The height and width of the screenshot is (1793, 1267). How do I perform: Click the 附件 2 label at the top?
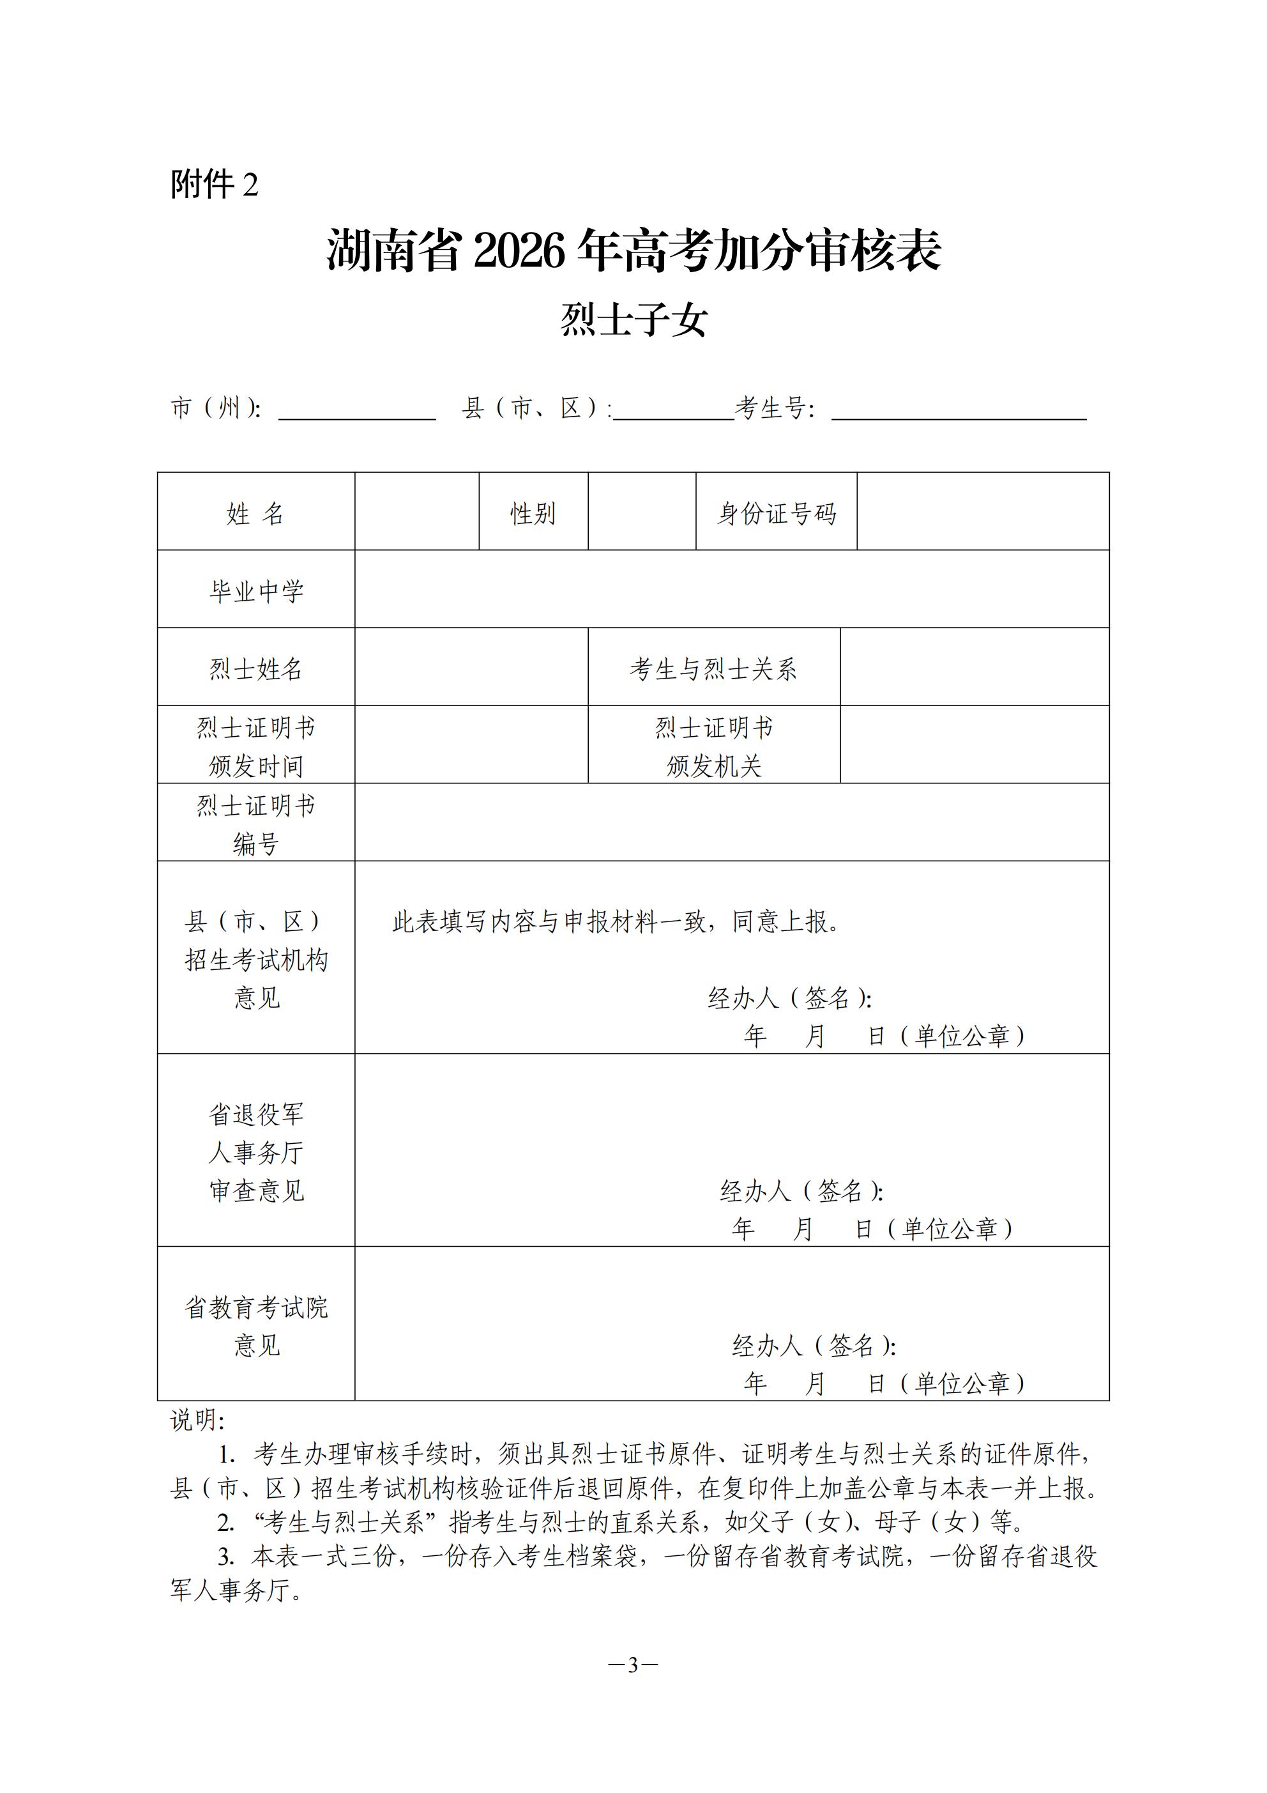click(x=214, y=185)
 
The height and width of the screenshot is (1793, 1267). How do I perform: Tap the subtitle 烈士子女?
click(x=633, y=319)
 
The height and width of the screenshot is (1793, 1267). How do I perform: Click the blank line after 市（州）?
click(x=357, y=410)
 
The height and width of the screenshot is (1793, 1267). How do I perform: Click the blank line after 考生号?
click(x=959, y=410)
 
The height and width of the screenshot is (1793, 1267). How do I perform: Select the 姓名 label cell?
click(x=256, y=513)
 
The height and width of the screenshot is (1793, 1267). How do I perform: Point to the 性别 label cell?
click(x=533, y=513)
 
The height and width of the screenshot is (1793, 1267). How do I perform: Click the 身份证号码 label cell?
click(x=776, y=513)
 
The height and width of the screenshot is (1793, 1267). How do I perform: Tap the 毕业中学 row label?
click(x=256, y=590)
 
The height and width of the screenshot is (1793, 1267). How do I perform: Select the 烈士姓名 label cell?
click(x=256, y=668)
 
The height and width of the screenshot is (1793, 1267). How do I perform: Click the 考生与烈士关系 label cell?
click(x=713, y=668)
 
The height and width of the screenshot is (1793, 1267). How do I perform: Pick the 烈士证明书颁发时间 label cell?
click(x=256, y=746)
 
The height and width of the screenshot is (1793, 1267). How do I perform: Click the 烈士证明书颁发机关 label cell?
click(x=713, y=746)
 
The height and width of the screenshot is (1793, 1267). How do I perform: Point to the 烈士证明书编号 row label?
click(x=256, y=823)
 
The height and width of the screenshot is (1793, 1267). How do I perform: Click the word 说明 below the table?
click(x=196, y=1420)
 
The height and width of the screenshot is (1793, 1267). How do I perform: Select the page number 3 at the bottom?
click(x=633, y=1665)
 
